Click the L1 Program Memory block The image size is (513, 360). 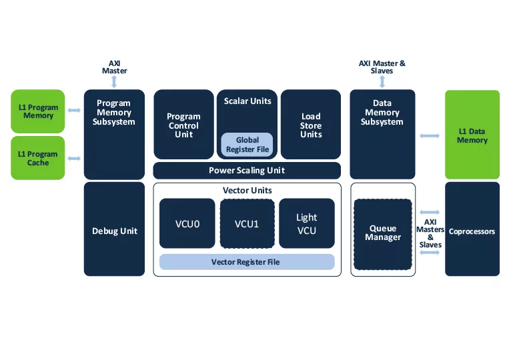(x=38, y=111)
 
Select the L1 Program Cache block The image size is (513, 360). (x=38, y=158)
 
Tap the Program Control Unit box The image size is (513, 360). (x=183, y=125)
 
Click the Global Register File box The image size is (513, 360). (x=247, y=145)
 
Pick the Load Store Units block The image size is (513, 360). (x=311, y=125)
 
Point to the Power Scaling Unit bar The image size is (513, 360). (x=247, y=171)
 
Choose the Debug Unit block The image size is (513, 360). (x=114, y=231)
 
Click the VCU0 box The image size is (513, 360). (x=187, y=223)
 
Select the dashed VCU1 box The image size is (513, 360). (x=247, y=223)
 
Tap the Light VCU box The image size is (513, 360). (x=306, y=223)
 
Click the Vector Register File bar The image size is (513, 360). (x=246, y=262)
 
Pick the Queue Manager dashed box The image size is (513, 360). (x=383, y=233)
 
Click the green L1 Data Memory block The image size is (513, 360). (x=472, y=135)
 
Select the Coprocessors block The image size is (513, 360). (x=472, y=231)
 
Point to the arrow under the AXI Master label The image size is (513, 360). (x=114, y=81)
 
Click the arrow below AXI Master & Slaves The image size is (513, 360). (x=382, y=81)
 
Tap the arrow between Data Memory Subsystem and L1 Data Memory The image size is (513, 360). (x=430, y=136)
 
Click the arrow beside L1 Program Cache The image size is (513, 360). (x=74, y=159)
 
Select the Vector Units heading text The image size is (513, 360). (x=247, y=191)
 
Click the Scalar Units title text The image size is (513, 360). (x=247, y=101)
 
